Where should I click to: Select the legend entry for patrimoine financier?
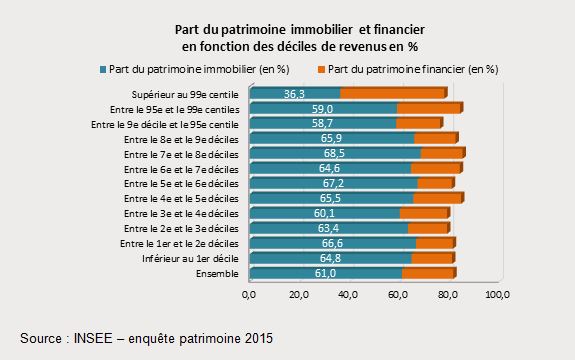pyautogui.click(x=413, y=69)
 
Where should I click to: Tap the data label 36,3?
pyautogui.click(x=294, y=93)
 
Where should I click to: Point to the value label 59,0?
pyautogui.click(x=321, y=109)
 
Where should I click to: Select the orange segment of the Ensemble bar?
pyautogui.click(x=427, y=273)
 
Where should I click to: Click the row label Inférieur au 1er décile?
pyautogui.click(x=186, y=258)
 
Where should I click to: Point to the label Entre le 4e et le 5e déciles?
pyautogui.click(x=181, y=198)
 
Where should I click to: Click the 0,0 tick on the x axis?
pyautogui.click(x=249, y=295)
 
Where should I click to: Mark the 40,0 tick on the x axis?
pyautogui.click(x=348, y=295)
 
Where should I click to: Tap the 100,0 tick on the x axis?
pyautogui.click(x=497, y=295)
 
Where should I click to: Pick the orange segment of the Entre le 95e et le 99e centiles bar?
pyautogui.click(x=428, y=109)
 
